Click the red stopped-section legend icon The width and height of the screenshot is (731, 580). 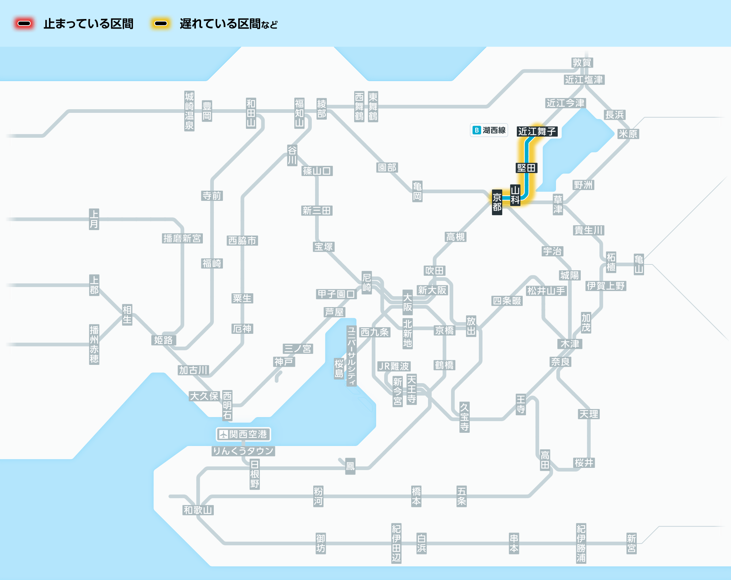coord(24,24)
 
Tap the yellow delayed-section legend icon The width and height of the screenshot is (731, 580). coord(161,24)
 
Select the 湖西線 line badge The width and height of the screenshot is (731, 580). coord(489,130)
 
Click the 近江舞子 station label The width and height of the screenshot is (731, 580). coord(537,131)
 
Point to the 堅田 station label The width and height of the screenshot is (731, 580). coord(526,168)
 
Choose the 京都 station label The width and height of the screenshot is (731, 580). coord(497,202)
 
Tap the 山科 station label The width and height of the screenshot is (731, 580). coord(515,195)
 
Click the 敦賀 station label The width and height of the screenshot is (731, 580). coord(582,62)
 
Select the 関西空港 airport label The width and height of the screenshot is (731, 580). coord(243,434)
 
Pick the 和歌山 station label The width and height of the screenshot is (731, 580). coord(198,510)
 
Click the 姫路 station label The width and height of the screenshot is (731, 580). coord(163,340)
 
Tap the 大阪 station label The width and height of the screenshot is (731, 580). coord(407,302)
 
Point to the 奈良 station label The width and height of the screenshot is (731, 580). coord(560,362)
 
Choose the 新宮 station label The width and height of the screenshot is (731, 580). coord(631,543)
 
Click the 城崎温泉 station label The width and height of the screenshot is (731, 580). coord(189,111)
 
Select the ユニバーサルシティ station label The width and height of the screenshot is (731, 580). coord(351,356)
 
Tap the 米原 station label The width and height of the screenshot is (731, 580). coord(628,134)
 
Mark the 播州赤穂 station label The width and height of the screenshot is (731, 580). coord(94,344)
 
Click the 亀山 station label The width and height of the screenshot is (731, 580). coord(639,264)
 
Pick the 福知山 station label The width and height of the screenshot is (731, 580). coord(299,113)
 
